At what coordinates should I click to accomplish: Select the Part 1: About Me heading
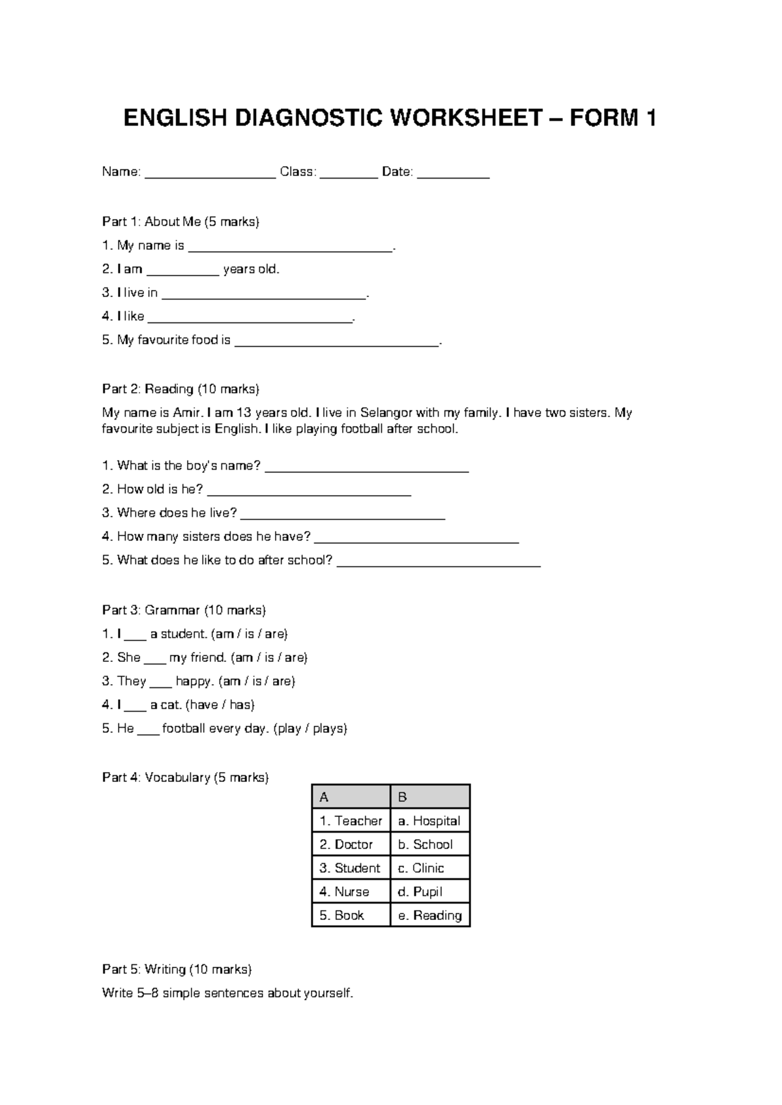[x=181, y=222]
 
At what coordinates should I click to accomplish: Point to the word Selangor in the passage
[x=386, y=413]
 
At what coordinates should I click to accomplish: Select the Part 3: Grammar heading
[x=184, y=610]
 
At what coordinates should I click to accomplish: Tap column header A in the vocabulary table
[x=351, y=797]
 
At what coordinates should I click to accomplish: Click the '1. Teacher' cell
[x=351, y=821]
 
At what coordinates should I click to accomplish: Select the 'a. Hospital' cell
[x=429, y=821]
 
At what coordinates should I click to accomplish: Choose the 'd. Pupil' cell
[x=429, y=892]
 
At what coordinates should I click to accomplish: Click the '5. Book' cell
[x=351, y=915]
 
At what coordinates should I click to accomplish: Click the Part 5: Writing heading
[x=177, y=969]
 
